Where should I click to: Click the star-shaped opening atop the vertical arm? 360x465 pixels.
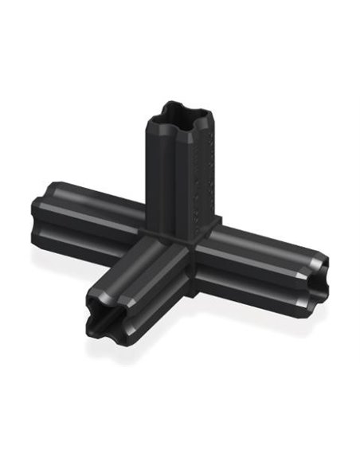coord(179,115)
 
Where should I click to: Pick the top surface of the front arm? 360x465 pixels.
coord(135,263)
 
